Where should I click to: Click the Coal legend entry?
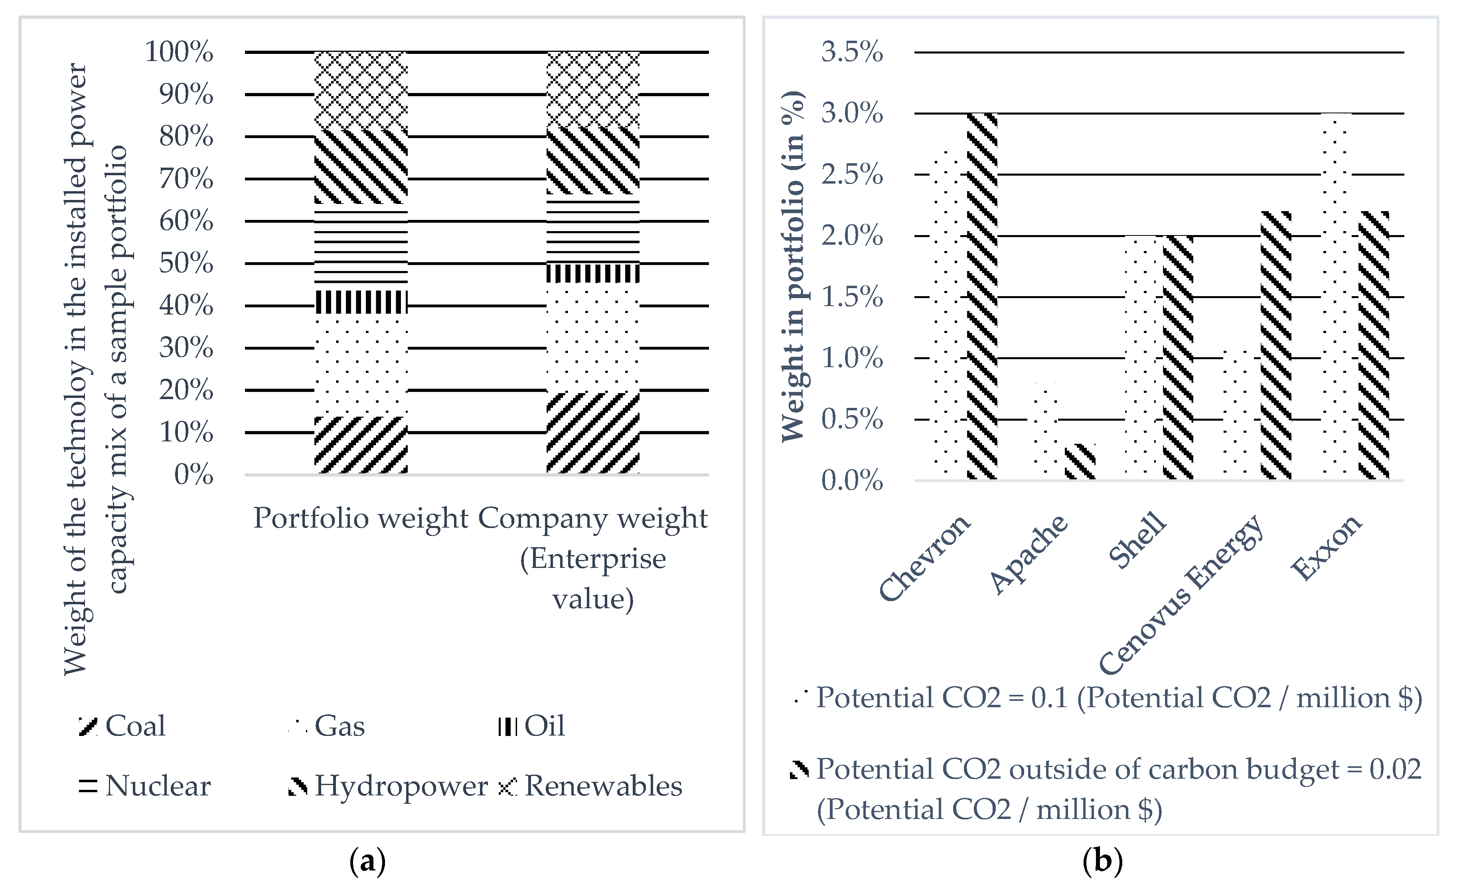tap(123, 726)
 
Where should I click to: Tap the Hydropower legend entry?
tap(388, 786)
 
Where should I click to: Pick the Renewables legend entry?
tap(590, 786)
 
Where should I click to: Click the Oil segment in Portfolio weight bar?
tap(361, 302)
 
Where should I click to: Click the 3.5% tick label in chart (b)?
tap(851, 52)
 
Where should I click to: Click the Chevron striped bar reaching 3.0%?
tap(982, 297)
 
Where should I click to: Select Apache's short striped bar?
tap(1079, 461)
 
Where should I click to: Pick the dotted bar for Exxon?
tap(1337, 297)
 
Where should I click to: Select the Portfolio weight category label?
tap(361, 518)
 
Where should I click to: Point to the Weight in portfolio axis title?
tap(792, 267)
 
